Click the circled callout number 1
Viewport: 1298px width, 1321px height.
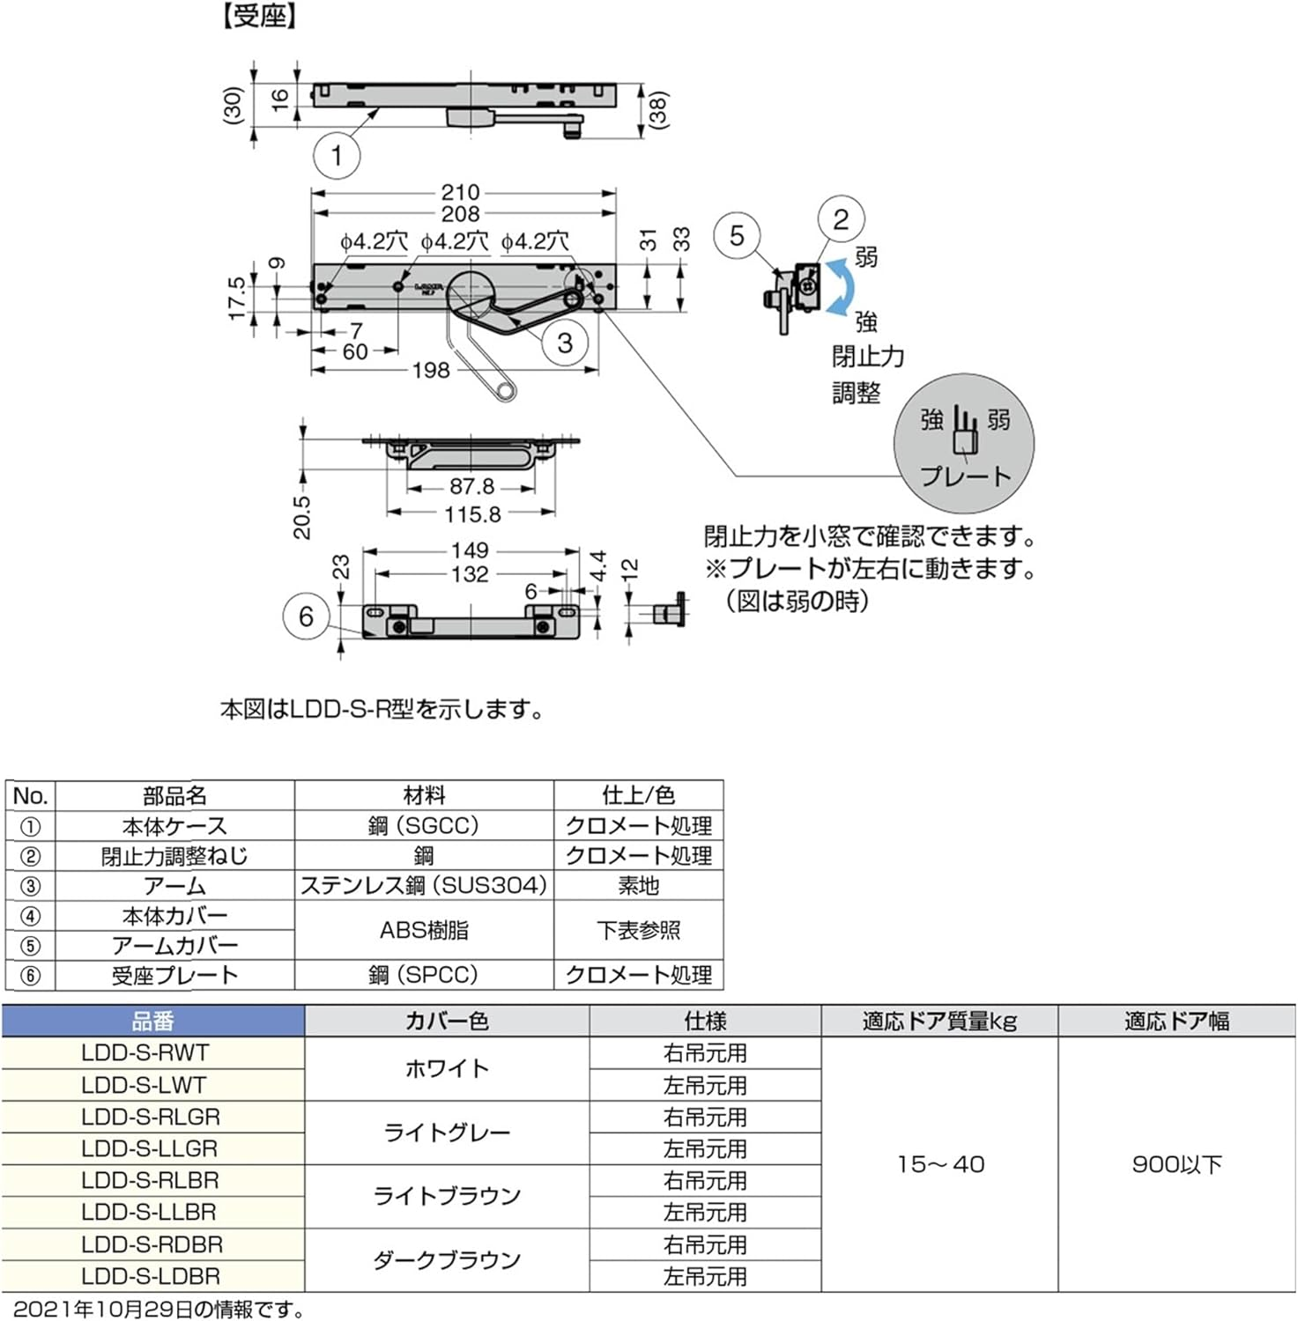337,156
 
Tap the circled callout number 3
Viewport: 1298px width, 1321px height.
565,343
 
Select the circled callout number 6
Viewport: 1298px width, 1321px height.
306,616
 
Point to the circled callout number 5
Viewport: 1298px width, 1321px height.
737,235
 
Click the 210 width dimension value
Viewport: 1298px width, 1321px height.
460,192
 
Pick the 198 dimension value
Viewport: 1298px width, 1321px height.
431,370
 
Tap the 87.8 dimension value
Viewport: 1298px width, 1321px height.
471,486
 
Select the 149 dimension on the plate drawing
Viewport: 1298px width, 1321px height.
470,550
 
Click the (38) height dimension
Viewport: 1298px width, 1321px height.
658,110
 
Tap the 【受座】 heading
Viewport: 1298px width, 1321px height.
260,17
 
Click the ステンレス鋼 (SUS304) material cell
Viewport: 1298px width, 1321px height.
424,885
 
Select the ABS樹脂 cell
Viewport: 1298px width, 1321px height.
424,930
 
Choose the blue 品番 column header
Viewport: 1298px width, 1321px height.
153,1022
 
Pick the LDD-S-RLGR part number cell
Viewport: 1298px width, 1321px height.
151,1117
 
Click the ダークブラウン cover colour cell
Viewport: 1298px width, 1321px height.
447,1260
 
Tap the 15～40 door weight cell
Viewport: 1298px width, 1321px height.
940,1164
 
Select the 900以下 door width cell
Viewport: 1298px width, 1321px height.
1176,1164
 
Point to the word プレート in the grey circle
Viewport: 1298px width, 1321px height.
966,476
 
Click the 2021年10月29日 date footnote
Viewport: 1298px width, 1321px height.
159,1310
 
